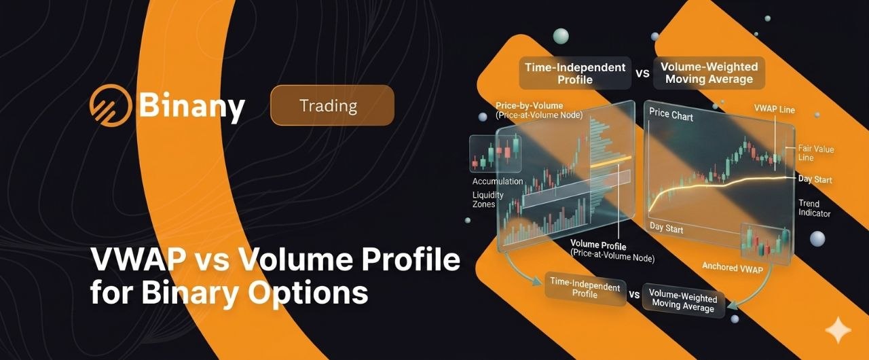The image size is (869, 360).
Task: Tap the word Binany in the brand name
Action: click(192, 106)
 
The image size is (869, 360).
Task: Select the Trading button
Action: click(332, 105)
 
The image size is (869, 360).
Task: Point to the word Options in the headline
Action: click(308, 293)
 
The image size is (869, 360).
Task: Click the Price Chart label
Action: click(671, 115)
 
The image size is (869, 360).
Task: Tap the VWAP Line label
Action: click(775, 109)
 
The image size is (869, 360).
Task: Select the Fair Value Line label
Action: click(815, 153)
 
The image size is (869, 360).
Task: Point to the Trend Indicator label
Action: click(814, 209)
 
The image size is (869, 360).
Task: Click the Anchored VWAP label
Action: click(733, 268)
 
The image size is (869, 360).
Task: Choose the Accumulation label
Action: click(498, 181)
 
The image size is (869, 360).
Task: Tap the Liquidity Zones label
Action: click(487, 200)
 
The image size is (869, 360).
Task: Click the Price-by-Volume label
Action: click(529, 105)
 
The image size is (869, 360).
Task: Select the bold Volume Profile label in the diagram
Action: click(598, 245)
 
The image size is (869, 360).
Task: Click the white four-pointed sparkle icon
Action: click(838, 330)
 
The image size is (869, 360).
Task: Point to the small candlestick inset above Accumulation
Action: click(495, 154)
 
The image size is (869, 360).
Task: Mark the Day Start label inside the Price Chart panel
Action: click(666, 228)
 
